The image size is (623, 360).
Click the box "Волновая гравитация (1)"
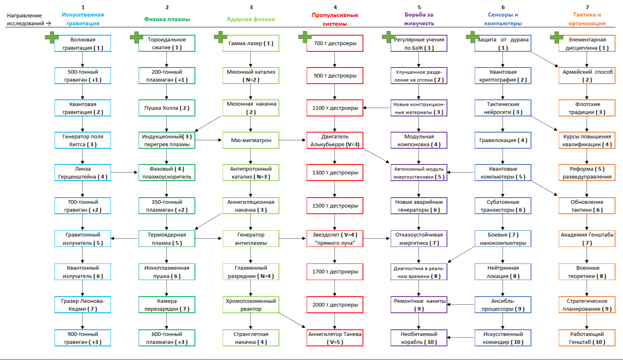[x=83, y=43]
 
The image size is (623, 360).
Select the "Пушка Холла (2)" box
[x=167, y=108]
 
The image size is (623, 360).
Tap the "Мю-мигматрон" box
[x=251, y=140]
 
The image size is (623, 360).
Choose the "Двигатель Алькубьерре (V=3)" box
[x=335, y=140]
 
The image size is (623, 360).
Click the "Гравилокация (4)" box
[x=503, y=140]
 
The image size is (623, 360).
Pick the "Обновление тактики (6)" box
[x=587, y=206]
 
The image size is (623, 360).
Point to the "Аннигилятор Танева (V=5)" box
[x=335, y=338]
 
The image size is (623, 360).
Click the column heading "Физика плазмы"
[x=167, y=19]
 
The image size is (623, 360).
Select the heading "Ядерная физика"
[x=251, y=19]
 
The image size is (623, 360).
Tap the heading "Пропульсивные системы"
[x=335, y=19]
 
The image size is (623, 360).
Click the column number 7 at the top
[x=587, y=7]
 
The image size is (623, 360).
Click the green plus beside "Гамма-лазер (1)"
[x=220, y=37]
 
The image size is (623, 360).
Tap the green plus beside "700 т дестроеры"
[x=305, y=37]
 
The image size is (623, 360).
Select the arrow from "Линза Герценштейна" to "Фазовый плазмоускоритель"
[x=125, y=172]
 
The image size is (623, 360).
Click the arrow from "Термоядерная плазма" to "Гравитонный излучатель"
[x=125, y=238]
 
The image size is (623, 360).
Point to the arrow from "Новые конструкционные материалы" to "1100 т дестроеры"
[x=377, y=108]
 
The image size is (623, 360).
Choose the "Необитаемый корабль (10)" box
[x=419, y=338]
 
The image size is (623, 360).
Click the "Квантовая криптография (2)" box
[x=503, y=76]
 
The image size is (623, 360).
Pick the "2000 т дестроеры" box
[x=335, y=305]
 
